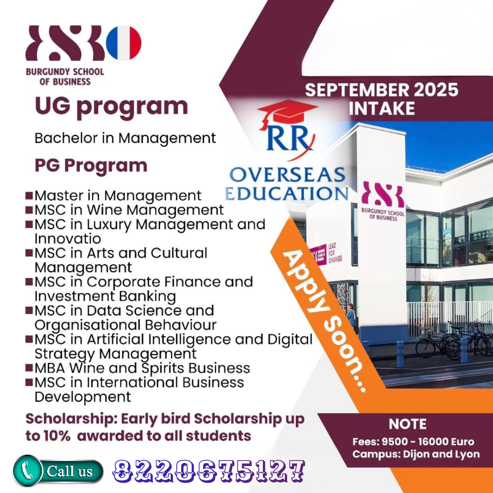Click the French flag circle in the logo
click(124, 43)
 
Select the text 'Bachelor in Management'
click(125, 138)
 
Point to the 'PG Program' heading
click(91, 166)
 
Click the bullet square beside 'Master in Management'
click(29, 195)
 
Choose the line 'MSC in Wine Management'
click(129, 210)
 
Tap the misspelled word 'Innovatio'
click(68, 239)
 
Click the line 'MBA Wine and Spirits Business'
click(142, 368)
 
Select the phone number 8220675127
click(209, 471)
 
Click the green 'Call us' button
click(58, 471)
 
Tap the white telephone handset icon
click(27, 471)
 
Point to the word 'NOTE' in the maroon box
click(408, 424)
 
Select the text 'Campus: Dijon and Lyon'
click(416, 454)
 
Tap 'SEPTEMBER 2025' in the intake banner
click(381, 89)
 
